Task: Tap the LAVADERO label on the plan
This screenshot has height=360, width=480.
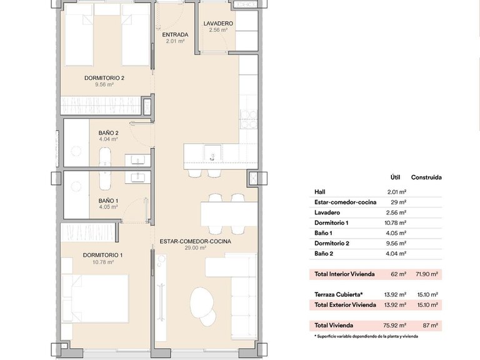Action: point(218,24)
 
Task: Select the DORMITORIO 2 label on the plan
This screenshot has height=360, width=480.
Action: point(104,78)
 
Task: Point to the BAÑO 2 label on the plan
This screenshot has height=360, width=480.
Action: point(108,133)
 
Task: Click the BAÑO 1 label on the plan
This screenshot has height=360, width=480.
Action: point(108,201)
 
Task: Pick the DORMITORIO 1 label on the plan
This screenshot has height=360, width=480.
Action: point(103,255)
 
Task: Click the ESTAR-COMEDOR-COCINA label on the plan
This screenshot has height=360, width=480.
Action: point(196,241)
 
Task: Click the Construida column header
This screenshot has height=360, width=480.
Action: point(426,177)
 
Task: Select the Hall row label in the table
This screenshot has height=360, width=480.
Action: point(321,192)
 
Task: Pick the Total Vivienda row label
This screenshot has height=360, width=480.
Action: point(334,325)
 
